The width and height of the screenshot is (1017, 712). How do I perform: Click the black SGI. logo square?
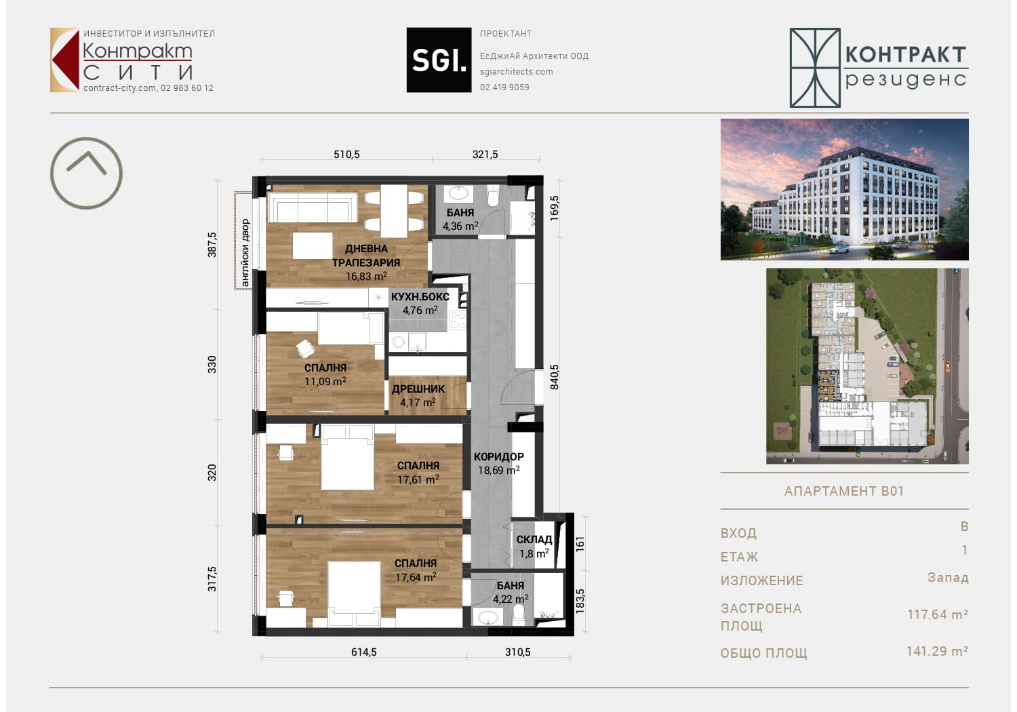click(439, 60)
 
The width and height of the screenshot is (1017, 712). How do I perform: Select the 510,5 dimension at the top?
click(346, 155)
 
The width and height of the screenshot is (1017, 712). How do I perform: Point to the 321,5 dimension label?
click(485, 155)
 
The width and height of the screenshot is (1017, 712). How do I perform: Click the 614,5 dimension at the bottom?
click(363, 652)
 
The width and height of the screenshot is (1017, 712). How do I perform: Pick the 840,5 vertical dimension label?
click(555, 377)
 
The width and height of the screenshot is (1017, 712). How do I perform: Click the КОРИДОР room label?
click(498, 456)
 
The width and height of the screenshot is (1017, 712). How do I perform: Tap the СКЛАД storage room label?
click(534, 540)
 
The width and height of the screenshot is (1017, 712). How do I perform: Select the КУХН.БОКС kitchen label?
click(420, 296)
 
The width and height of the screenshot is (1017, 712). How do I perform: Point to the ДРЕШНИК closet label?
click(418, 389)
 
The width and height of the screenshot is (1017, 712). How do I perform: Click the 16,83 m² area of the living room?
click(366, 276)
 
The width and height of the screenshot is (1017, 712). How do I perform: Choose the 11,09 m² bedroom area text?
click(325, 381)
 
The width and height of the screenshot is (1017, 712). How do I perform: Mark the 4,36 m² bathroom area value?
click(460, 226)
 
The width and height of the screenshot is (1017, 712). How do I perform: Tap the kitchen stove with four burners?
click(457, 320)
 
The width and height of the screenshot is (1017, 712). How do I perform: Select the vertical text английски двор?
click(245, 253)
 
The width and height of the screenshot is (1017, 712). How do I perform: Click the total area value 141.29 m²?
click(937, 651)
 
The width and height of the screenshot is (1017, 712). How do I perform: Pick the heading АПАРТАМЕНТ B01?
click(844, 491)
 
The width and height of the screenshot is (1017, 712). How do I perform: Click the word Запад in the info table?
click(948, 578)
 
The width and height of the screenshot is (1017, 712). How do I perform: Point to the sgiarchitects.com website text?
click(516, 71)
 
